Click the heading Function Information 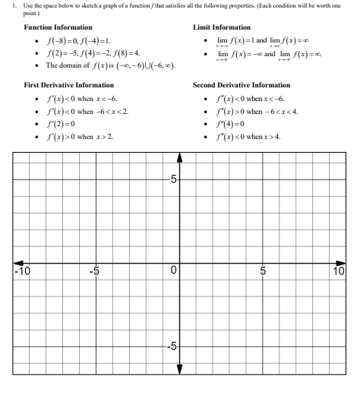pos(58,27)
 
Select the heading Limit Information pos(223,27)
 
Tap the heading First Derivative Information pos(69,85)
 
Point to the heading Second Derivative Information pos(242,85)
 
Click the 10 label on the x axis pos(338,271)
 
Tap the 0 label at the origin pos(174,271)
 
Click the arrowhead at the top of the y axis pos(179,157)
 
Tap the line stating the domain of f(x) pos(111,66)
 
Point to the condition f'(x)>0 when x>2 pos(79,137)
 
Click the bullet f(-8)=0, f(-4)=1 pos(78,40)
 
